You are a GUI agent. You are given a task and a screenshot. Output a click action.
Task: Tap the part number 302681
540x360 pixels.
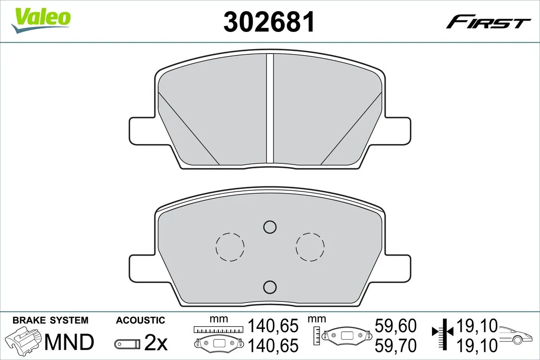coord(269,22)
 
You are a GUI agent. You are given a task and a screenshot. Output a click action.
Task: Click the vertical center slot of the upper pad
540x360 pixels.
coord(270,108)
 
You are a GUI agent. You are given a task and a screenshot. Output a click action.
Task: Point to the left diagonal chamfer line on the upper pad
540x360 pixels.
coord(189,128)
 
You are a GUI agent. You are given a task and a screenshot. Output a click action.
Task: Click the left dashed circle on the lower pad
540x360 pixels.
coord(230,247)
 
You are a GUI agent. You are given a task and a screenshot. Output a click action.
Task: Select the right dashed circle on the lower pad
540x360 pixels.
coord(310,247)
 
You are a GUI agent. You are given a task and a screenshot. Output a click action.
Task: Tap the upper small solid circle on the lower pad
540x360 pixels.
coord(270,227)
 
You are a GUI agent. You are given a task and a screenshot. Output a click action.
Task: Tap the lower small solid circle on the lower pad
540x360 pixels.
coord(270,286)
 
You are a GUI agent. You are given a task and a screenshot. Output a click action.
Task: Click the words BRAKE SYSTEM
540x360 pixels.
coord(50,320)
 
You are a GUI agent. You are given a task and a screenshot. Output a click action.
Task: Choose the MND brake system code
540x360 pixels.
coord(68,342)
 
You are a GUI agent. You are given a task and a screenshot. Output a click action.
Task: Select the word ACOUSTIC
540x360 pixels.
coord(140,320)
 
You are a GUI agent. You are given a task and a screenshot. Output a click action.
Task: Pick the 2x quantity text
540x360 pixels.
coord(156,344)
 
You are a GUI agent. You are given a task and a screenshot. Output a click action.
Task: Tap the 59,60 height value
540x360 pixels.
coord(396,325)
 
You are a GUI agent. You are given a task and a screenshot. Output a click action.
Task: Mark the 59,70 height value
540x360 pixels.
coord(396,345)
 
